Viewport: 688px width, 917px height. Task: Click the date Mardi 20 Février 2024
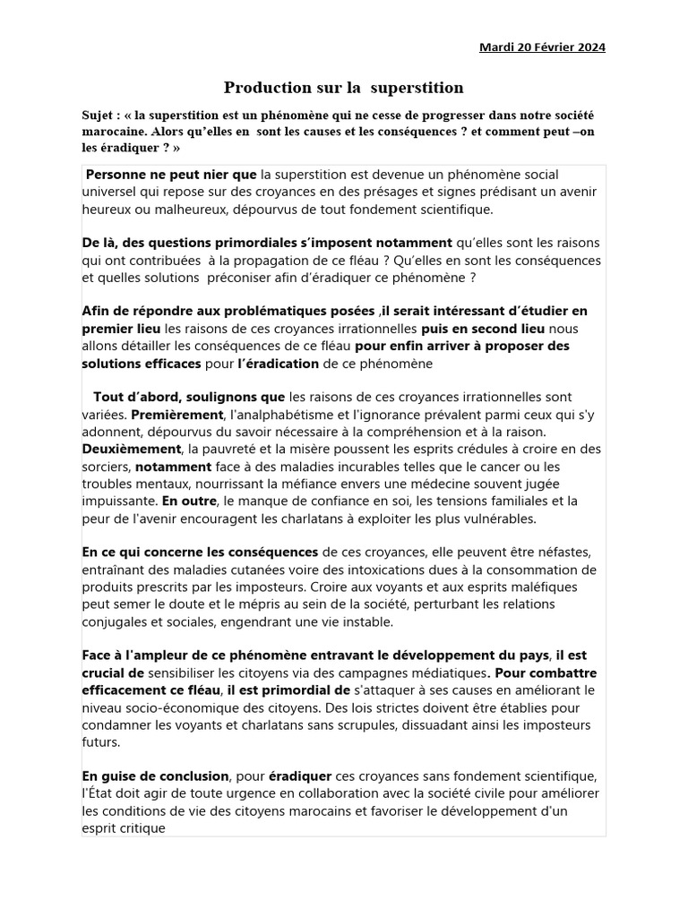(x=542, y=47)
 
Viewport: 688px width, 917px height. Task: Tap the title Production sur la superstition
(x=344, y=88)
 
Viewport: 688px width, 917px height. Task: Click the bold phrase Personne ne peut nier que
(x=171, y=174)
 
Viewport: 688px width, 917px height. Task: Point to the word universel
(x=111, y=192)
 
